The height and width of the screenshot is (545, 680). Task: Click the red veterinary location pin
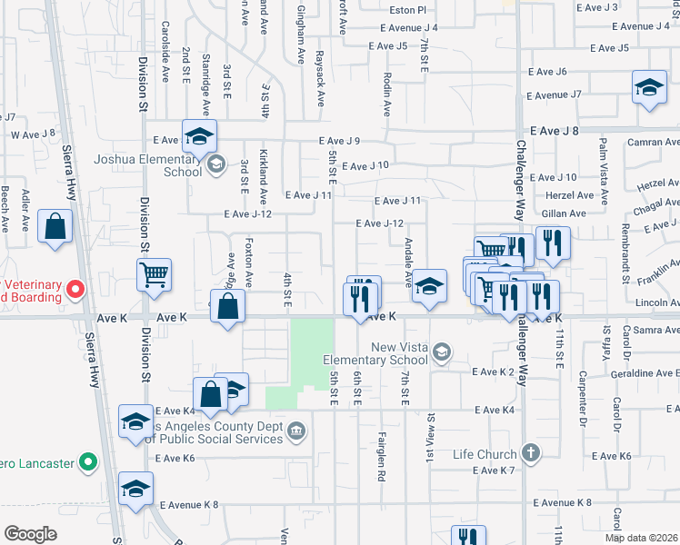75,291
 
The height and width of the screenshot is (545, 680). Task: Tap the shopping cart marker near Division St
154,274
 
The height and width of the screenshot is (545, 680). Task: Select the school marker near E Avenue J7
649,88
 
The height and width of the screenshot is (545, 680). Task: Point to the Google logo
30,534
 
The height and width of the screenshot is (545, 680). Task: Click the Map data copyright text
642,538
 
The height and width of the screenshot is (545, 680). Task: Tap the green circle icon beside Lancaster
87,462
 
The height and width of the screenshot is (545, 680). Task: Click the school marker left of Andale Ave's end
429,287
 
